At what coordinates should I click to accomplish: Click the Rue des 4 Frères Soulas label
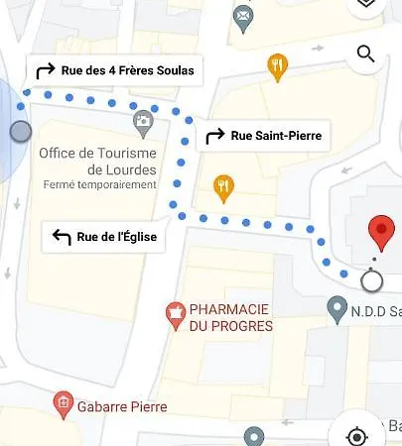click(x=126, y=70)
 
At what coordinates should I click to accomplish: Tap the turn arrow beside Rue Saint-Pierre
click(x=214, y=136)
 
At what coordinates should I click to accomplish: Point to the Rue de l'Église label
click(x=116, y=236)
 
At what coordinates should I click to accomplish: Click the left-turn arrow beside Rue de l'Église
click(x=62, y=236)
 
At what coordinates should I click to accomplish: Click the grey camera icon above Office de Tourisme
click(x=143, y=122)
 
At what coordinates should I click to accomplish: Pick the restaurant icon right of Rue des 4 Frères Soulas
click(x=277, y=66)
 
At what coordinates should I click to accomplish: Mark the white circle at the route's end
click(x=371, y=282)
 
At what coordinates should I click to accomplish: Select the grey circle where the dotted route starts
click(x=21, y=132)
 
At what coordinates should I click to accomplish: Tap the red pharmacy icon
click(x=175, y=314)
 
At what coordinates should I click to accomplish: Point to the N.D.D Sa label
click(x=376, y=309)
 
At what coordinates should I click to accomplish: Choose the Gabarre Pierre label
click(x=123, y=406)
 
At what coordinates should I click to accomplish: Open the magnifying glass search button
click(x=365, y=54)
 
